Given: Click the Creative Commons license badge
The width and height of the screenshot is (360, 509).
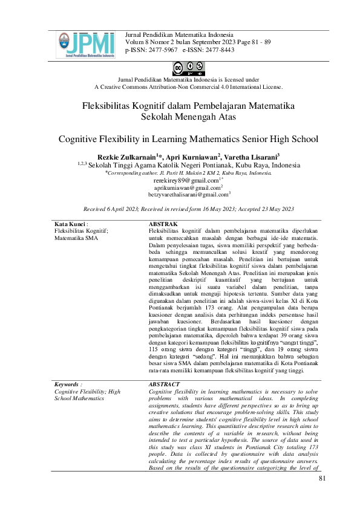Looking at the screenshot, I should (180, 67).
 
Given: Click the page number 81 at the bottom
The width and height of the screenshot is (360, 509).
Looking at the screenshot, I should (322, 479).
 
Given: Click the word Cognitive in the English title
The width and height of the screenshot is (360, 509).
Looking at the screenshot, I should (82, 138).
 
